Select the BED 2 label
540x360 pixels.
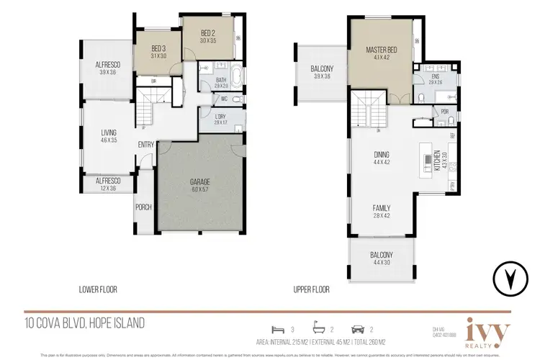(209, 33)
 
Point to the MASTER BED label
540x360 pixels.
(377, 50)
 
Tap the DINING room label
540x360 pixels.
(382, 153)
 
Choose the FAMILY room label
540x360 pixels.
(382, 208)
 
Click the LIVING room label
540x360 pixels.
(109, 133)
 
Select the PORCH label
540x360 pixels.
(143, 209)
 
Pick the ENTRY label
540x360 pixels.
(145, 144)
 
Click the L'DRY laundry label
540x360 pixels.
(221, 118)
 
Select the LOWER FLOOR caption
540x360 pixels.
(98, 289)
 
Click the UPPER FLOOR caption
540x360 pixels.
(312, 289)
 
